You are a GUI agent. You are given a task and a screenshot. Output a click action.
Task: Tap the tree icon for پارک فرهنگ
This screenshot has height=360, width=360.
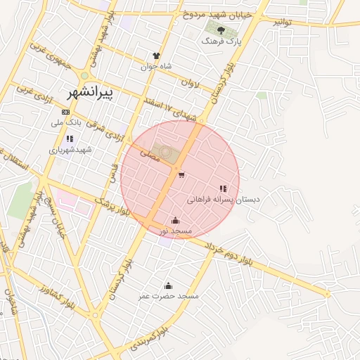(221, 30)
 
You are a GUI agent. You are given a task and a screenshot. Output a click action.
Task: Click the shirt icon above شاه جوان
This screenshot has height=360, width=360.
(156, 56)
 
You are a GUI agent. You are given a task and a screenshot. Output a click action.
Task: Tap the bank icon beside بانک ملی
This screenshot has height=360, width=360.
(65, 111)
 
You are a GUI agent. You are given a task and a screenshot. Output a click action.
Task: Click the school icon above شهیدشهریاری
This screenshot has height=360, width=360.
(69, 139)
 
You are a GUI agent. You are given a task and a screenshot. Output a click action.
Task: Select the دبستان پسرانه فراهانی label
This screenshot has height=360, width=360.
(223, 200)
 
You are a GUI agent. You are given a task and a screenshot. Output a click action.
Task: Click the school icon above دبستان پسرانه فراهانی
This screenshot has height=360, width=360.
(223, 188)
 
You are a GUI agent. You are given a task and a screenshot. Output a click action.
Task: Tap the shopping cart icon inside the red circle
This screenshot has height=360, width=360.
(181, 175)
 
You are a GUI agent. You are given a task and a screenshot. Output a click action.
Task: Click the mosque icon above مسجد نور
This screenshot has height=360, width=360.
(175, 220)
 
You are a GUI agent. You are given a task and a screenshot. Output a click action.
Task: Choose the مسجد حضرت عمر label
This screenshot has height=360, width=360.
(169, 296)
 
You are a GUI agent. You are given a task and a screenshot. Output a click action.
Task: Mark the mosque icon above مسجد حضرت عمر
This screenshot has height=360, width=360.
(168, 285)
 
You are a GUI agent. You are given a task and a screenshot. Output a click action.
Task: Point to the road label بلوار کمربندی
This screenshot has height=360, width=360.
(150, 339)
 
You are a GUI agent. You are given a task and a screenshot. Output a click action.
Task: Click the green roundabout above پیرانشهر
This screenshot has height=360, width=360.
(84, 76)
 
